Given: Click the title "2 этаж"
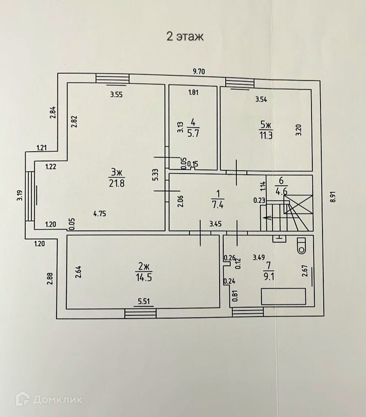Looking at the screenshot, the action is tap(185, 36).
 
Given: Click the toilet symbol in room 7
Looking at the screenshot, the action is tap(301, 245).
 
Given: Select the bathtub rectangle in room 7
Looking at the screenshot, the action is tap(283, 296).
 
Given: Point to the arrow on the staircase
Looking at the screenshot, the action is tap(268, 218).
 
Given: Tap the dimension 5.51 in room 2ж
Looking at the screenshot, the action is tap(145, 301).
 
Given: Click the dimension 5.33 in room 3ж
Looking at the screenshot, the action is tap(155, 175).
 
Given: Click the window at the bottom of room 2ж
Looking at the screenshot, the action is tap(141, 313).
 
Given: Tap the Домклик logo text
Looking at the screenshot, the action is tap(57, 400).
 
